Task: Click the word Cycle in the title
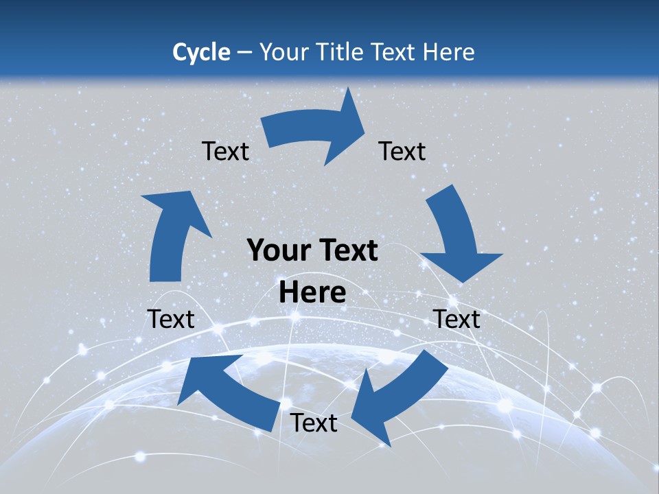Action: pos(201,51)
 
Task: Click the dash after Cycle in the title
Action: pos(245,52)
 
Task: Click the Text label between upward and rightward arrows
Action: pos(225,151)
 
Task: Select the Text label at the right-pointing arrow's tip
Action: pos(402,151)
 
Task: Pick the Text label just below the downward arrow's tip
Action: pos(456,319)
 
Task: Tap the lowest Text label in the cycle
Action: pos(314,423)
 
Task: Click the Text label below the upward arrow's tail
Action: pos(171,319)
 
